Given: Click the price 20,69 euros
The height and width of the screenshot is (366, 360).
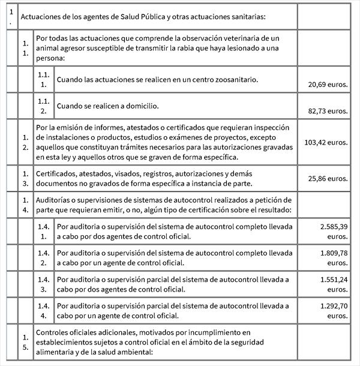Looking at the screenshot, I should pos(328,85).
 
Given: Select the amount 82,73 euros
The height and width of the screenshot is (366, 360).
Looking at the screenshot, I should pos(328,111).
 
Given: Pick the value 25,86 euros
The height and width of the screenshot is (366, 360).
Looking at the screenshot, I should pos(328,179).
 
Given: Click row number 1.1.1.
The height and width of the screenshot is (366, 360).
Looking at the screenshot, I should pos(43,80).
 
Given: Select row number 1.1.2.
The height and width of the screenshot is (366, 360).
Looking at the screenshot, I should pos(43,106).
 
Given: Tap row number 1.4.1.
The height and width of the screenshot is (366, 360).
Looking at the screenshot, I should pos(43,232).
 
